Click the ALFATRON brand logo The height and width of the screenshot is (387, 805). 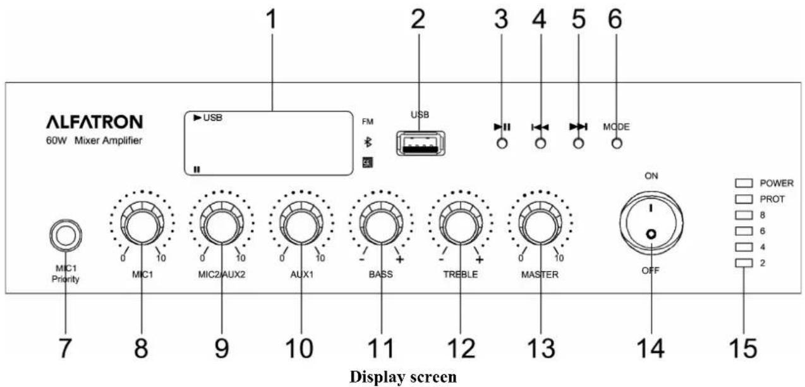coord(94,121)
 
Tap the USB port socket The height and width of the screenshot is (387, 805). coord(420,143)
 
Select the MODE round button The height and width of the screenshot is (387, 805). coord(617,144)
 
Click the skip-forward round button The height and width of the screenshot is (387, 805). coord(578,144)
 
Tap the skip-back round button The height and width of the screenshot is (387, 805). coord(540,144)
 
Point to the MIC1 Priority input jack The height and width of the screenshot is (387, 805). coord(66,236)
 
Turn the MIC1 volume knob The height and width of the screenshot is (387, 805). coord(142,224)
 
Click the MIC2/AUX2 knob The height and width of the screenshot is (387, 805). coord(222,224)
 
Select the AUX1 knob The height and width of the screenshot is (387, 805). coord(301,224)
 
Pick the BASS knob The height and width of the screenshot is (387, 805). coord(381,224)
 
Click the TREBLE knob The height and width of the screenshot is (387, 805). coord(461,224)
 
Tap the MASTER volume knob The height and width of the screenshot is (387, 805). coord(540,224)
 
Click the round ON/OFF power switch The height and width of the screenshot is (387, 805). coord(651,223)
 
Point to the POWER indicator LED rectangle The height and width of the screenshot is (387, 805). coord(744,183)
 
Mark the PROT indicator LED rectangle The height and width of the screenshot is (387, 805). coord(744,199)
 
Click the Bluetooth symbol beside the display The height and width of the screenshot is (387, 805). coord(368,142)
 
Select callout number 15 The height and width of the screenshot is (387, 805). coord(743,348)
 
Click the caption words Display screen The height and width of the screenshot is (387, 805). coord(403,377)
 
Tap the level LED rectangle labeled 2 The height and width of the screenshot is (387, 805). coord(744,263)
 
